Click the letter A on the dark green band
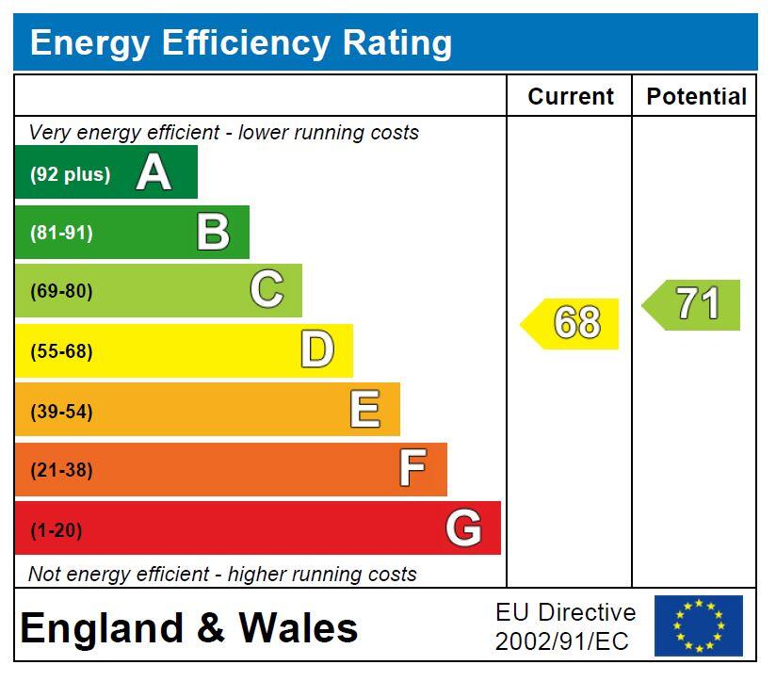coord(154,173)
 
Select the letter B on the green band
coord(213,233)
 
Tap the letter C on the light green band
coord(267,290)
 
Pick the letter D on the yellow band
coord(317,350)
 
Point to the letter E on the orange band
coord(364,410)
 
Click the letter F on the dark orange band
coord(412,469)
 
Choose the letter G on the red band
coord(463,528)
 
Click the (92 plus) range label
coord(70,174)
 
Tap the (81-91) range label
coord(62,233)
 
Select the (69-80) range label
coord(62,291)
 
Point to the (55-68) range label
coord(62,351)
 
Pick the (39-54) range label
coord(62,411)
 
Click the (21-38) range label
coord(62,470)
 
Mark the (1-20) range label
coord(57,529)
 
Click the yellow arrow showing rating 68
coord(573,323)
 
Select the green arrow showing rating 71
coord(694,304)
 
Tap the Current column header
coord(571,97)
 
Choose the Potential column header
coord(696,97)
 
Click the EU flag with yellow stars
coord(699,625)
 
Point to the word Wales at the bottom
coord(299,628)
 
